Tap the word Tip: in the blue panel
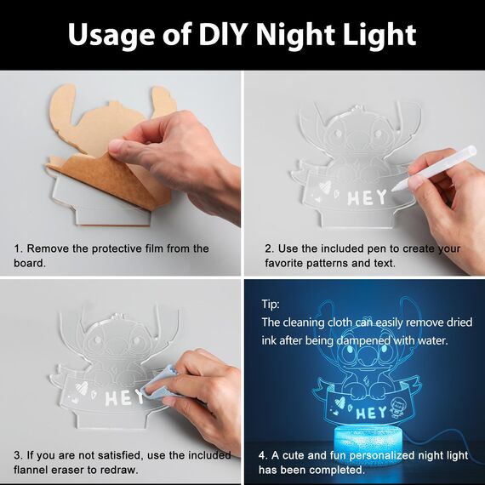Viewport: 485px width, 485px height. pyautogui.click(x=271, y=304)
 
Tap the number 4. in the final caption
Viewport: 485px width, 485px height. pyautogui.click(x=264, y=455)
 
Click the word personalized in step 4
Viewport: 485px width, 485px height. pyautogui.click(x=381, y=455)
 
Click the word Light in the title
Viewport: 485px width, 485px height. pyautogui.click(x=379, y=35)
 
